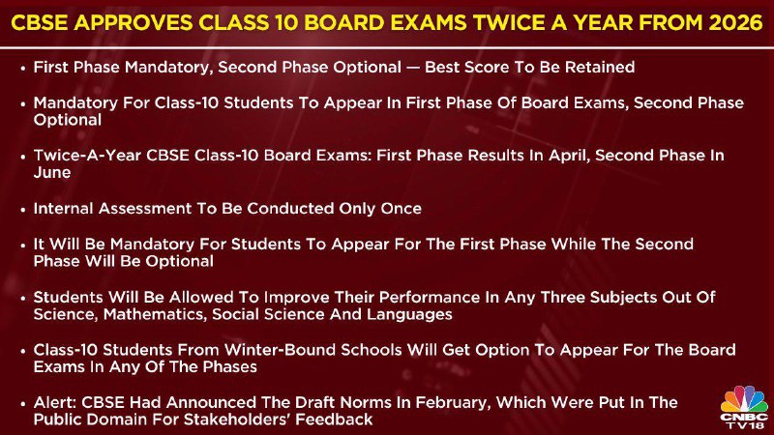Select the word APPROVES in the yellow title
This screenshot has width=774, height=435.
coord(133,23)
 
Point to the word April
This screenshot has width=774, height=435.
coord(571,156)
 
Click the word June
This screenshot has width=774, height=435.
coord(52,173)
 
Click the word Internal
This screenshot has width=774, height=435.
coord(64,209)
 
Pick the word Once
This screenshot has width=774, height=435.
coord(401,209)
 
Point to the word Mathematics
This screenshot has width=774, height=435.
coord(155,315)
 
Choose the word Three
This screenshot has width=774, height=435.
coord(563,298)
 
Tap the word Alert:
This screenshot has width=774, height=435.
coord(55,403)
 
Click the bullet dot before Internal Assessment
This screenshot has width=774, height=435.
coord(22,209)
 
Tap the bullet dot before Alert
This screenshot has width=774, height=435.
coord(22,403)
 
